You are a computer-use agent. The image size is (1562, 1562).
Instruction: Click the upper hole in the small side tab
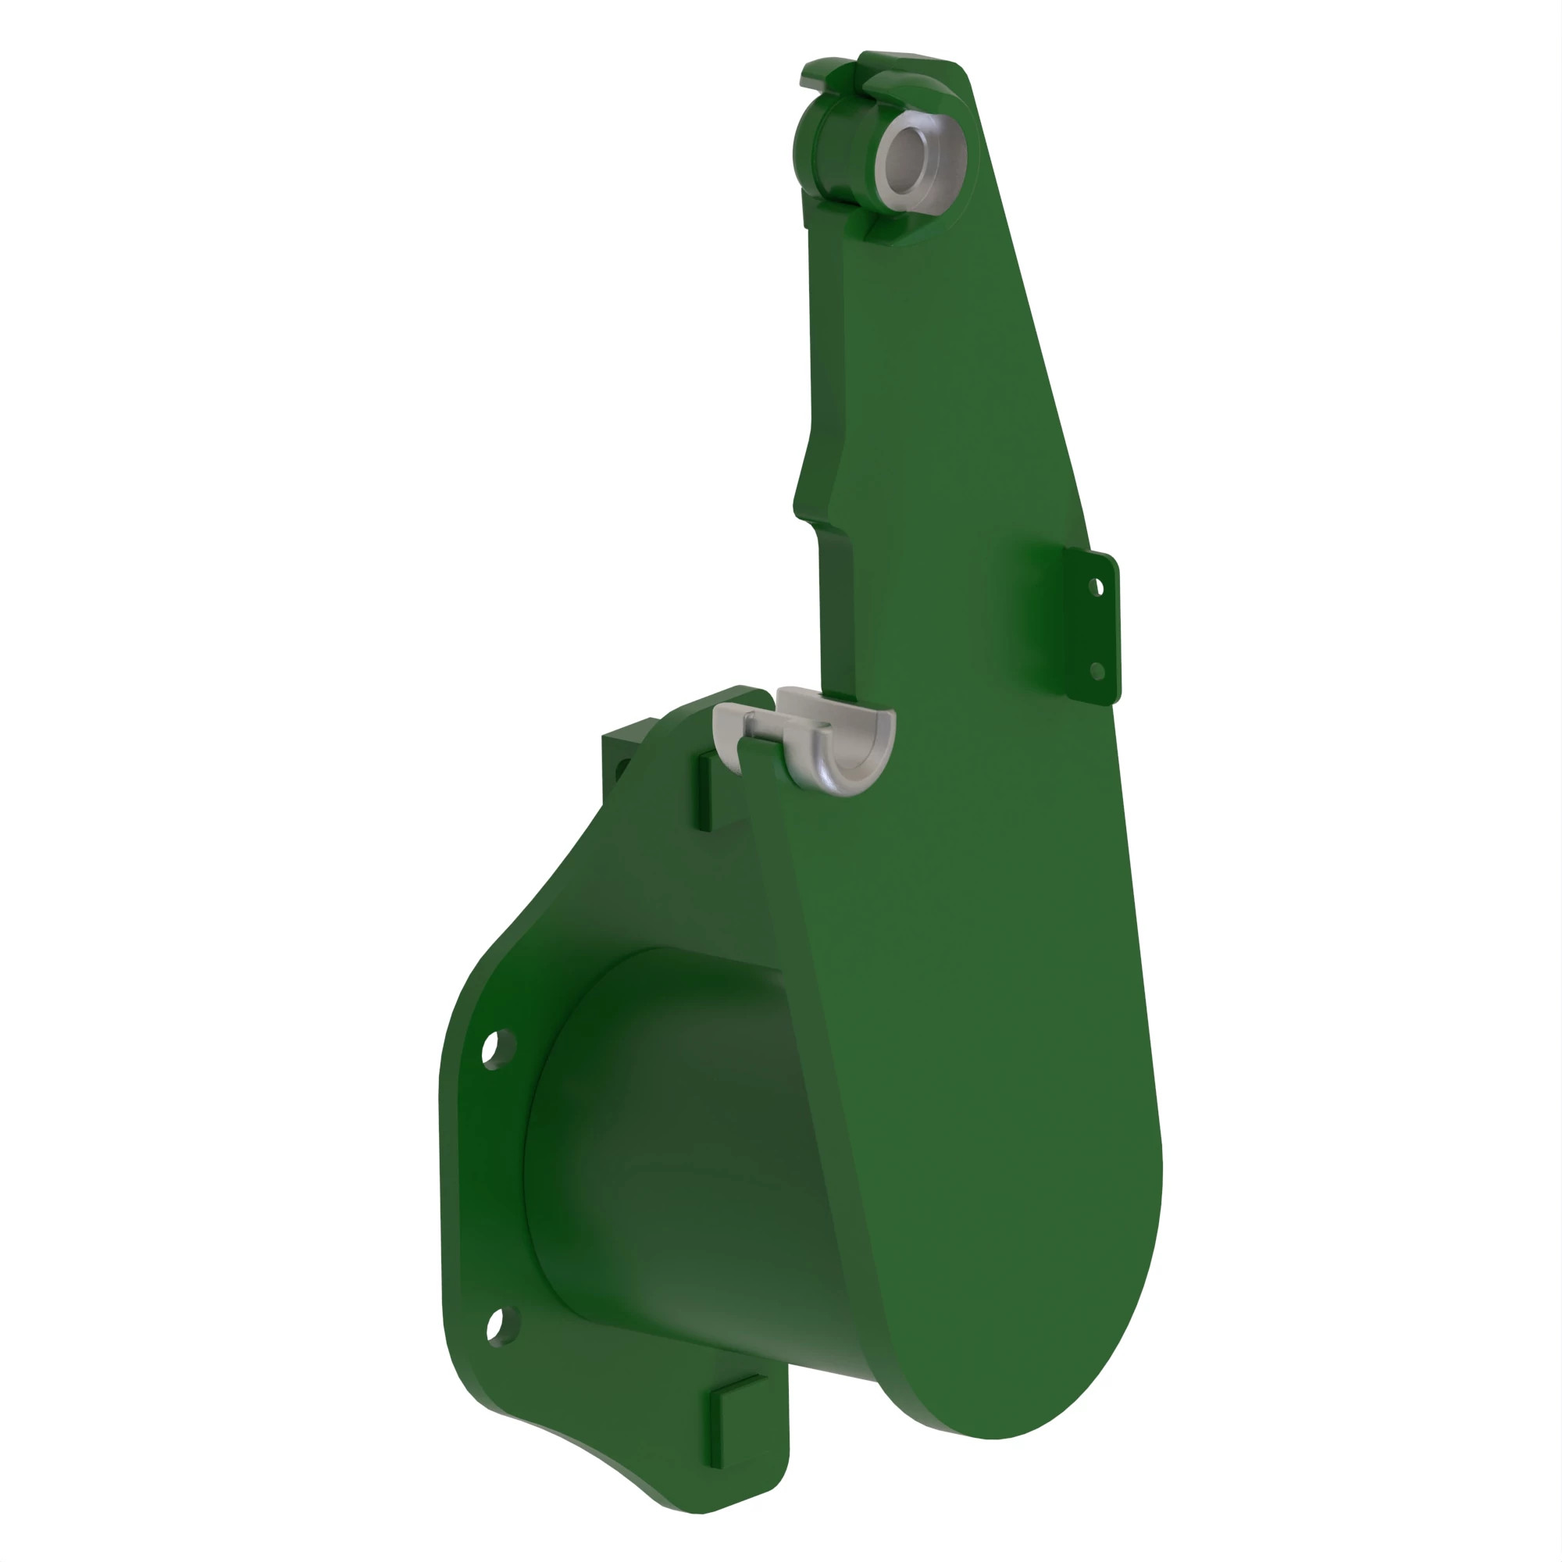[1097, 587]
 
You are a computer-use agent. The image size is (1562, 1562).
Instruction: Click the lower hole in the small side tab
[1097, 670]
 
